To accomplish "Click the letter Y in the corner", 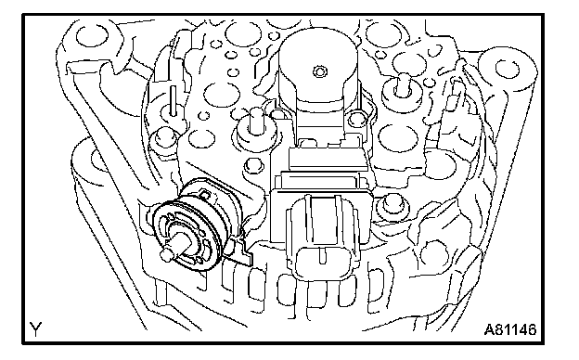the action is (36, 328).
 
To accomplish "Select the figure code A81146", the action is (510, 329).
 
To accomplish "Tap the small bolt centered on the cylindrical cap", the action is (319, 71).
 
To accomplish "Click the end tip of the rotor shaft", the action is (166, 255).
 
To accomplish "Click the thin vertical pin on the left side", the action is (173, 99).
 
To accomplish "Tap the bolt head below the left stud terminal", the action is (252, 166).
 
